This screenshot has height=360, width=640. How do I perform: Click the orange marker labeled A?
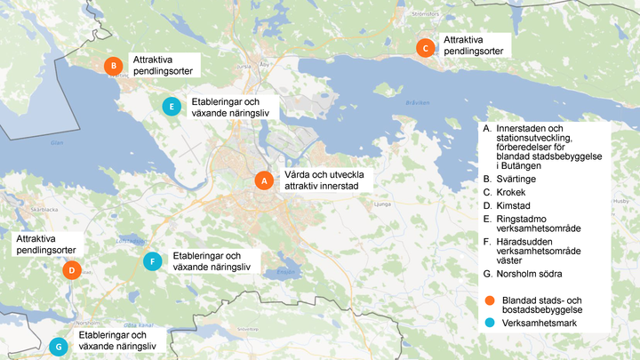(262, 180)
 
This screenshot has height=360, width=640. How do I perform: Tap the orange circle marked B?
(113, 66)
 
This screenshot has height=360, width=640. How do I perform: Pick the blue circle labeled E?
(171, 107)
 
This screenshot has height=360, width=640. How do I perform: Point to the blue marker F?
(153, 261)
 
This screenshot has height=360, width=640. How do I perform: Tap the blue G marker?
(60, 346)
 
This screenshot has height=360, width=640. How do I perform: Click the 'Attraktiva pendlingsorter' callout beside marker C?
(473, 46)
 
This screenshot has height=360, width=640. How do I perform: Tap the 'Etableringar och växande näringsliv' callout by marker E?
(228, 108)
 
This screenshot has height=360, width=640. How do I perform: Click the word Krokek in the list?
(512, 192)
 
